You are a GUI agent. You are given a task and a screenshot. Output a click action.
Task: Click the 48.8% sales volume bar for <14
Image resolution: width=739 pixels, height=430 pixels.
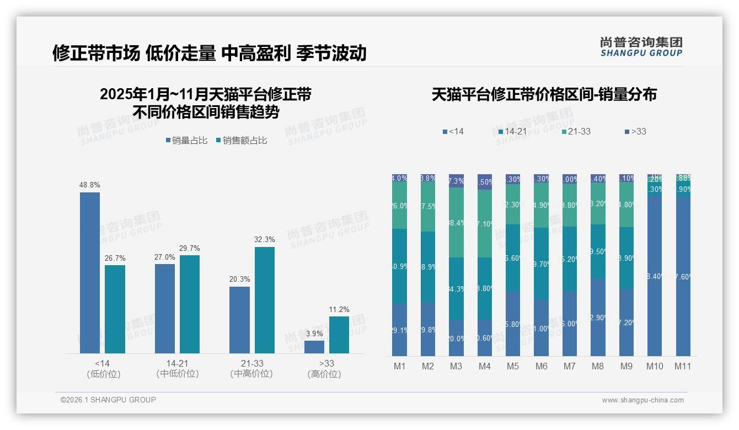tap(90, 273)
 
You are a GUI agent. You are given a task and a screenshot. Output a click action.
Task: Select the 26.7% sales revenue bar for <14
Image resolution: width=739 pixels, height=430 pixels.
tap(115, 309)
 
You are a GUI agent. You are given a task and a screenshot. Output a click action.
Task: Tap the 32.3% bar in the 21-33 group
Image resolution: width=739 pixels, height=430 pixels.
tap(265, 300)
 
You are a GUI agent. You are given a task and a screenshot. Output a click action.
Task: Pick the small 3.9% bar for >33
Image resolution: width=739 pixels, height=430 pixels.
tap(314, 347)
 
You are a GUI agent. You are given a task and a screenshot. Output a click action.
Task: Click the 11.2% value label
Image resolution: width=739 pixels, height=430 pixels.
tap(339, 309)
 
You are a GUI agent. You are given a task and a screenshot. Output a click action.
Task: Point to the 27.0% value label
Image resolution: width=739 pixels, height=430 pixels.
tap(165, 257)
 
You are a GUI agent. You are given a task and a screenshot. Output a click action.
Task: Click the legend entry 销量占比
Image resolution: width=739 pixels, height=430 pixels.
tap(186, 141)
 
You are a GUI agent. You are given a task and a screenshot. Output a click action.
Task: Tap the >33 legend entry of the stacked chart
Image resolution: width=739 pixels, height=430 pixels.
tap(635, 131)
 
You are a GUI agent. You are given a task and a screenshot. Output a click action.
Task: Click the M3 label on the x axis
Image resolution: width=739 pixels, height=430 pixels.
tap(456, 366)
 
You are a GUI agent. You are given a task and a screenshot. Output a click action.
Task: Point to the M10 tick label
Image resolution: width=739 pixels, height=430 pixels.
tap(655, 366)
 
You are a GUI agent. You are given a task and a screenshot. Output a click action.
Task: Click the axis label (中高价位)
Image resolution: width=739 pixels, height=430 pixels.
tap(251, 374)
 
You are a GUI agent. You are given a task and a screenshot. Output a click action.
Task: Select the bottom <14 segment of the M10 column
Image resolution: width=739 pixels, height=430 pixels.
tap(655, 276)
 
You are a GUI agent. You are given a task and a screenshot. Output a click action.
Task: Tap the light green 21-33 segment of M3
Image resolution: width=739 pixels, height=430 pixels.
tap(456, 222)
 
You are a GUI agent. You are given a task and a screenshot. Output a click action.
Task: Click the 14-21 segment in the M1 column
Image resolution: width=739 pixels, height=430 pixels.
tap(399, 266)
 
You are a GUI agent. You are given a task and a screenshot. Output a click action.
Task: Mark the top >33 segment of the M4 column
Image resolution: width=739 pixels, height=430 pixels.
tap(485, 181)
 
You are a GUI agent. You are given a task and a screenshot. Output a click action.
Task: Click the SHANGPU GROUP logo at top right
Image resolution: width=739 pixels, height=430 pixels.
tap(641, 47)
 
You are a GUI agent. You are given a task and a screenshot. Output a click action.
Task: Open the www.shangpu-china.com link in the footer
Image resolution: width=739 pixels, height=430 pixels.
tap(642, 400)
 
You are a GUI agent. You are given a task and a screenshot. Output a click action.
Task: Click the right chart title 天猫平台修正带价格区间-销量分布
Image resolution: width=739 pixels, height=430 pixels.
tap(544, 94)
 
